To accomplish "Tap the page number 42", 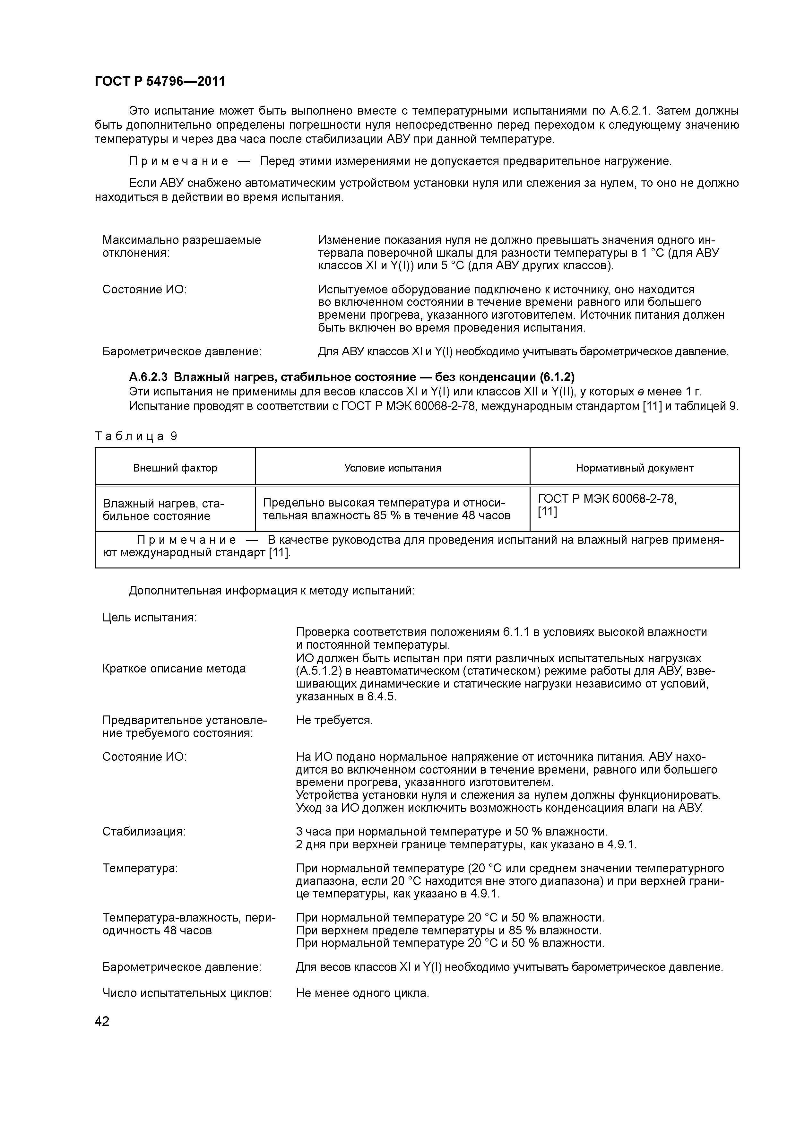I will [102, 1021].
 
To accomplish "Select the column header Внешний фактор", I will [175, 468].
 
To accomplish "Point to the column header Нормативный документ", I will [634, 468].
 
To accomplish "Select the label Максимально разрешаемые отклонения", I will [181, 247].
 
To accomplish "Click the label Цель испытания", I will [149, 618].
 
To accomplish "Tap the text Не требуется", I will [334, 720].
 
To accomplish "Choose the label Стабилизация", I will [144, 832].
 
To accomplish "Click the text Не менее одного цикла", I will [362, 993].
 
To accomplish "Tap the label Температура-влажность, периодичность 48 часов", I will [189, 924].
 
